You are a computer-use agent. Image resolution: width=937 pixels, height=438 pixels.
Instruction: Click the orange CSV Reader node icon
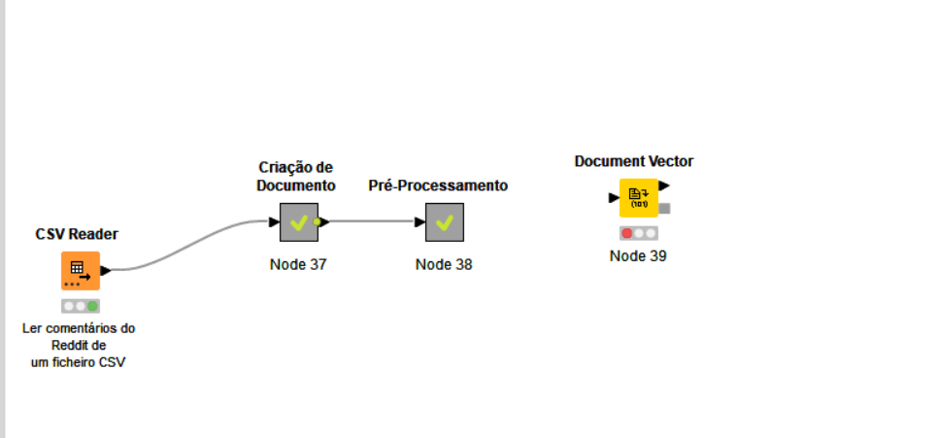tap(81, 271)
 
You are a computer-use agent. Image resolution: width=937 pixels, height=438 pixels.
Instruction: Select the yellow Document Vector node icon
tap(639, 198)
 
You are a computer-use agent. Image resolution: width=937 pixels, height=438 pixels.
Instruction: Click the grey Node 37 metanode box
tap(299, 222)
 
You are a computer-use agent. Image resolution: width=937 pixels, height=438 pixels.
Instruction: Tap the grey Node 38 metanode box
tap(445, 222)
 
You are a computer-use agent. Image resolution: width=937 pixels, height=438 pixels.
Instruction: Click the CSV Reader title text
tap(77, 234)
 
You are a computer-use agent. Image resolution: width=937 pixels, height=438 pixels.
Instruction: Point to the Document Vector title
tap(634, 161)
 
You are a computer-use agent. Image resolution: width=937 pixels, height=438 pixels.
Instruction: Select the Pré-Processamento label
tap(438, 185)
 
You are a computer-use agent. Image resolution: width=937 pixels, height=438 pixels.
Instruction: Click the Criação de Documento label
tap(296, 177)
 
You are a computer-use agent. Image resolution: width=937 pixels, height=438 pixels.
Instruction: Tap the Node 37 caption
tap(298, 264)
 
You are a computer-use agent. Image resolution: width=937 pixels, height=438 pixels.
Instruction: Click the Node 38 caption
tap(444, 264)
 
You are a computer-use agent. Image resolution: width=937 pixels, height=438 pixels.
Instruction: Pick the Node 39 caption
tap(638, 255)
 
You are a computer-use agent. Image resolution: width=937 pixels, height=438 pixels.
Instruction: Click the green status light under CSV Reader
tap(92, 307)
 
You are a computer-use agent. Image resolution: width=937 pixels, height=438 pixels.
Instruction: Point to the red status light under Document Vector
tap(627, 234)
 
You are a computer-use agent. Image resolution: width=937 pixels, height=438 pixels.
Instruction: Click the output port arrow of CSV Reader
tap(106, 271)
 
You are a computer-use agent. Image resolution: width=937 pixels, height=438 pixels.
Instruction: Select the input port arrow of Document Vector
tap(614, 198)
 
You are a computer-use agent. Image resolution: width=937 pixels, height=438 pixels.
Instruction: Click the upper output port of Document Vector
tap(664, 185)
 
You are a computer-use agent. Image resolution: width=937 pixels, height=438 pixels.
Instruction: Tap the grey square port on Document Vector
tap(664, 209)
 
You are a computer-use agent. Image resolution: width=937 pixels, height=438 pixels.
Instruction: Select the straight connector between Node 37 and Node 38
tap(372, 222)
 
